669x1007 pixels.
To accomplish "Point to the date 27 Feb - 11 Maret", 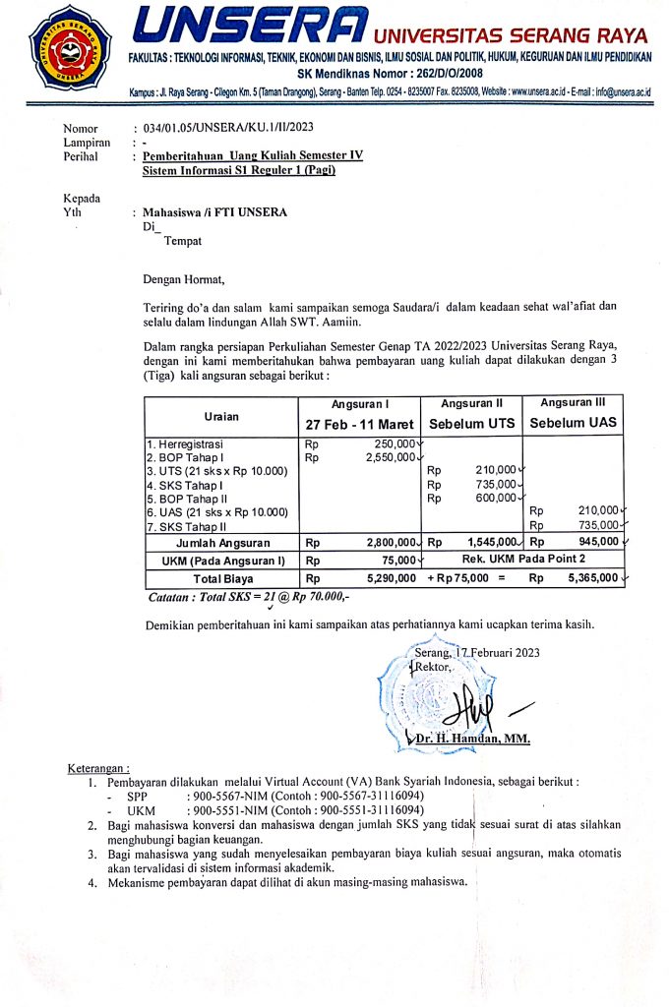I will (x=359, y=424).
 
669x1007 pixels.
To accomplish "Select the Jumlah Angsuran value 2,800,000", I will (x=390, y=542).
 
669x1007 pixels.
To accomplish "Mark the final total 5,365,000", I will (x=593, y=579).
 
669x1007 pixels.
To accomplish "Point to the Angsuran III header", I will (x=573, y=402).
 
